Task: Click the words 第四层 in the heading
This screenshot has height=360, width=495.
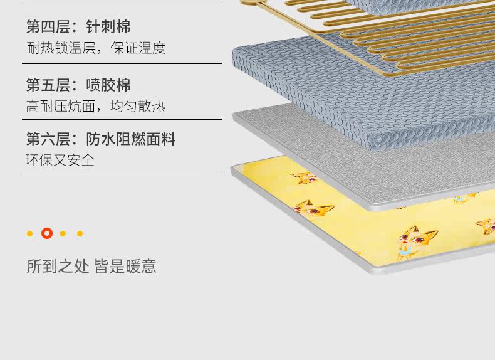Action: coord(48,27)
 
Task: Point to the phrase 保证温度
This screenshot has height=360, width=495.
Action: coord(138,48)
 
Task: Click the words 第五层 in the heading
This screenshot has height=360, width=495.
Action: coord(48,85)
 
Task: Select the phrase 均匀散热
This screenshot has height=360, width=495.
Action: coord(138,106)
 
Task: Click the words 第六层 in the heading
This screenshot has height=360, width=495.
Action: coord(48,139)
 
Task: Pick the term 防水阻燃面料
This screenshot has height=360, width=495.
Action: coord(131,139)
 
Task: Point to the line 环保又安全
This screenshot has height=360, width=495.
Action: coord(60,160)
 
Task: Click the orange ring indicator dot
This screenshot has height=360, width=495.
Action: coord(47,233)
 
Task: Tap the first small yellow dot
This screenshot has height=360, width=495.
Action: coord(29,234)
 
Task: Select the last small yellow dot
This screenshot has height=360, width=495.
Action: coord(80,234)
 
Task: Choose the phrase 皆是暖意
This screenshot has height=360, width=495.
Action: coord(125,267)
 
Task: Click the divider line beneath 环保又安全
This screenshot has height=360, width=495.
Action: coord(122,172)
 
